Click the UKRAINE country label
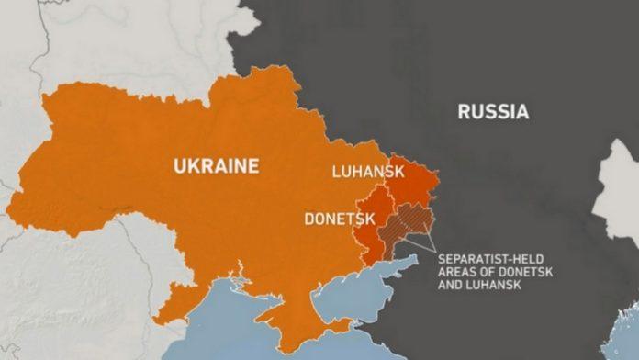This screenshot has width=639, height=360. click(x=217, y=166)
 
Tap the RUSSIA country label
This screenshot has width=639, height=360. click(x=494, y=113)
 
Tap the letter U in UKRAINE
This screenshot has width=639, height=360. click(x=180, y=166)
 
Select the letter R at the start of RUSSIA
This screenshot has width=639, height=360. click(x=465, y=113)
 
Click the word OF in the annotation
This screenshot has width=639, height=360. click(x=483, y=271)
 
